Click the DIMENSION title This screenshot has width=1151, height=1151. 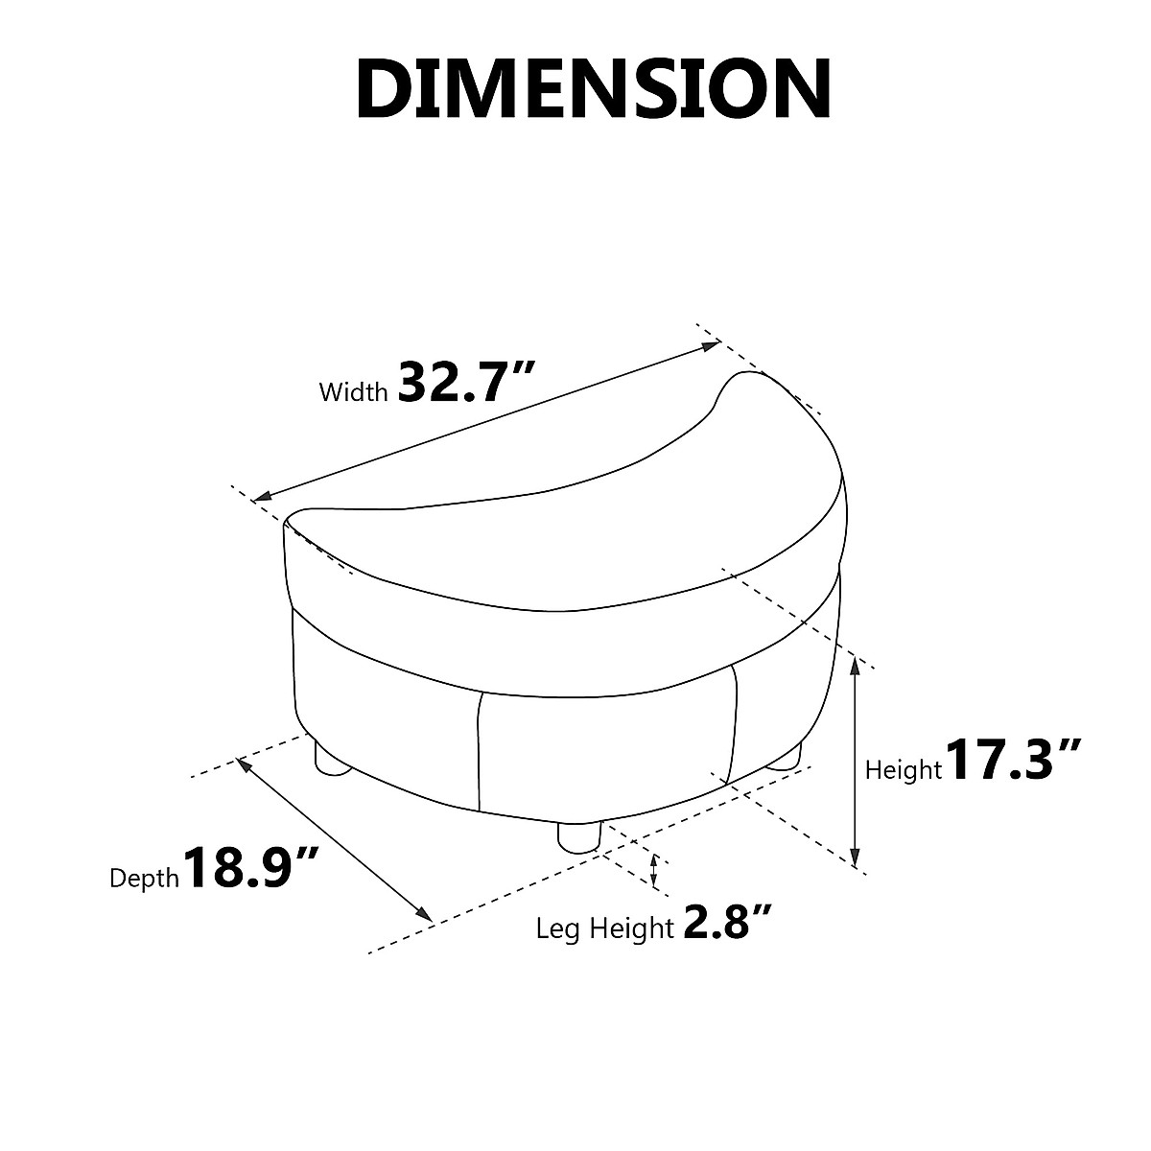pyautogui.click(x=593, y=89)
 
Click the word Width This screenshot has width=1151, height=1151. pyautogui.click(x=353, y=392)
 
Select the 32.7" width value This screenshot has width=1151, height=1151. pyautogui.click(x=463, y=381)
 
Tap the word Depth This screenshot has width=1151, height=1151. pyautogui.click(x=144, y=880)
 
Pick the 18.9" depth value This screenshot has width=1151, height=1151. pyautogui.click(x=249, y=866)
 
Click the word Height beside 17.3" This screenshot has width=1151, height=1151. pyautogui.click(x=903, y=770)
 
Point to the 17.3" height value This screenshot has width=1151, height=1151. pyautogui.click(x=1013, y=759)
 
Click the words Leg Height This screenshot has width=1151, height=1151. pyautogui.click(x=604, y=928)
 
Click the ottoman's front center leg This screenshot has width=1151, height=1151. pyautogui.click(x=578, y=836)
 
